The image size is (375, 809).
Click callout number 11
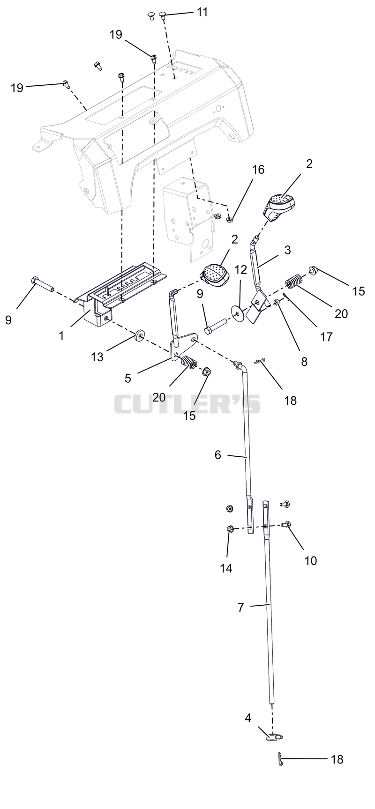point(202,12)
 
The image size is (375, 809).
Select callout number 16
point(258,170)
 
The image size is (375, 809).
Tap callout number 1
point(61,336)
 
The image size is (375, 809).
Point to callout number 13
point(97,357)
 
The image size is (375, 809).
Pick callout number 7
point(240,608)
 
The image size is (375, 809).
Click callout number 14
point(226,568)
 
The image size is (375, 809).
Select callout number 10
point(310,560)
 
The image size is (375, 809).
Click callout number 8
point(304,362)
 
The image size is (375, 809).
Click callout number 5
point(128,378)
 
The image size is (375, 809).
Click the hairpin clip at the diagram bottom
point(280,759)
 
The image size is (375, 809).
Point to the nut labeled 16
point(230,219)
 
